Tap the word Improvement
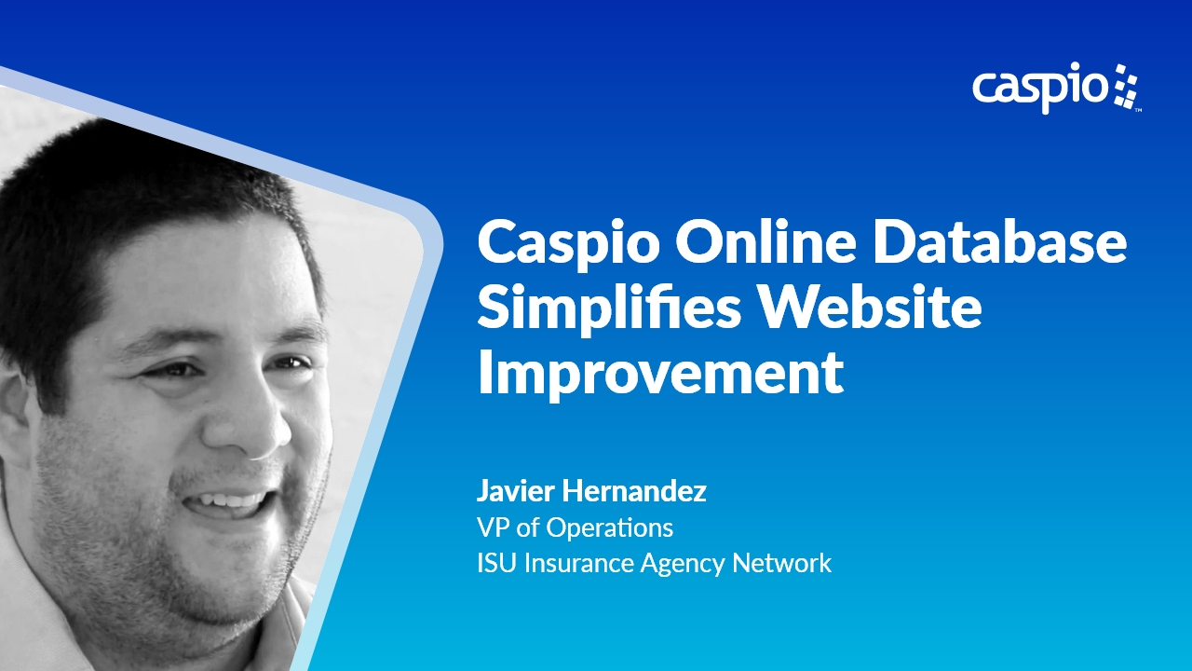tap(660, 373)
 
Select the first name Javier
tap(515, 492)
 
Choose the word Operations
tap(609, 528)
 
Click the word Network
tap(781, 563)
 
